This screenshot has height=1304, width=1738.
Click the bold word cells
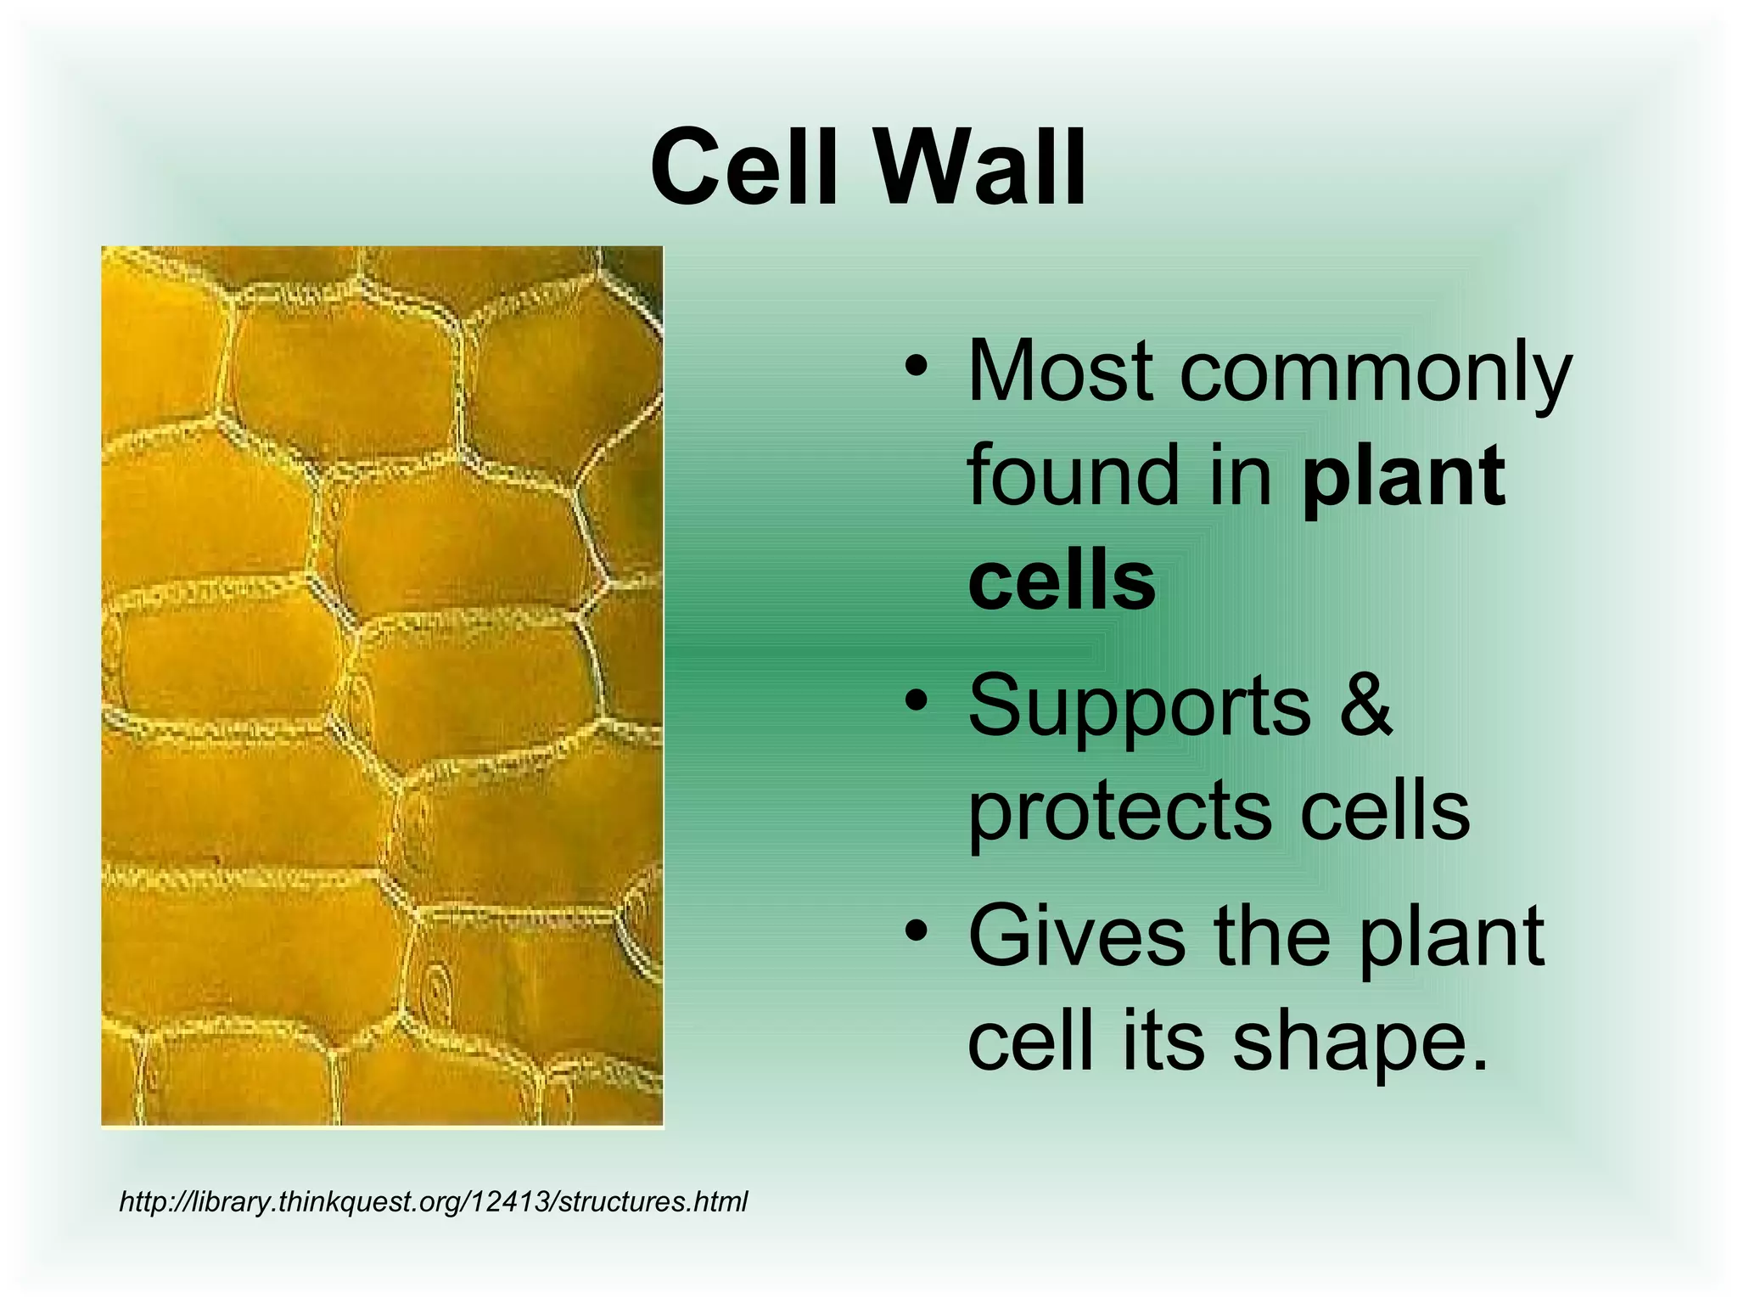[x=1062, y=581]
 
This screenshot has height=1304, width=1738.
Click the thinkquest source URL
[x=433, y=1202]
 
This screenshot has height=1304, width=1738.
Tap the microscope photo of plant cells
[x=382, y=686]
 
